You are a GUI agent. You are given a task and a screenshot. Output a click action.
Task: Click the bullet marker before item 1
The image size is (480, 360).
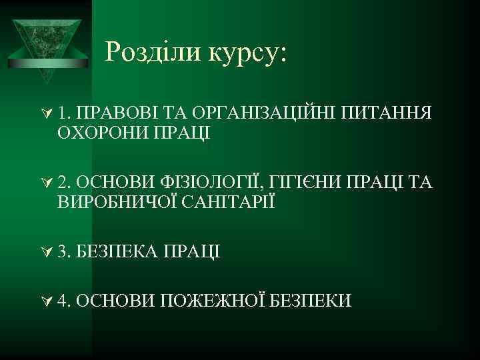click(x=46, y=113)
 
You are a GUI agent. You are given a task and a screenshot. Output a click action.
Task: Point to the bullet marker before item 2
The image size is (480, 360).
click(x=46, y=182)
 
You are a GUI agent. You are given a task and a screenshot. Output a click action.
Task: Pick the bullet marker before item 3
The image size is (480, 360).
click(x=46, y=251)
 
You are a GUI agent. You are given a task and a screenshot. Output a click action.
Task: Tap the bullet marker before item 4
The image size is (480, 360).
click(x=46, y=301)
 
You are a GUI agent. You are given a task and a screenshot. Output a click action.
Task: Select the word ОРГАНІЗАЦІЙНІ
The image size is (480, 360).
click(x=263, y=113)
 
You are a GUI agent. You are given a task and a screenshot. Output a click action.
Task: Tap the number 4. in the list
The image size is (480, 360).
click(x=65, y=301)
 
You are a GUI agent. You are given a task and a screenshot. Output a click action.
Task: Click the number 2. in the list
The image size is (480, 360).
click(x=65, y=182)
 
